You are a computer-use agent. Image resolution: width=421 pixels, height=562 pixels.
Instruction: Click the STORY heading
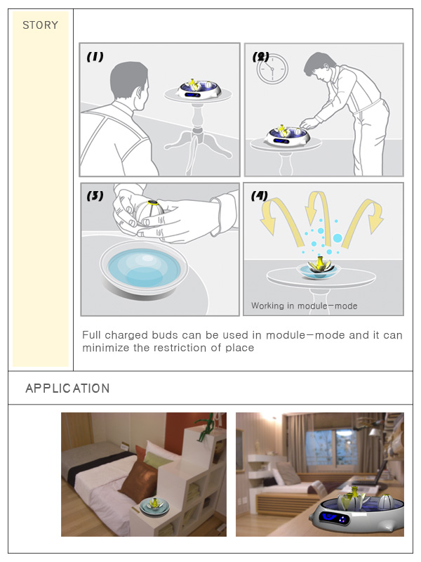click(40, 25)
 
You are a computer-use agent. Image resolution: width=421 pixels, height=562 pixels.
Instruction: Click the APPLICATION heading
click(67, 388)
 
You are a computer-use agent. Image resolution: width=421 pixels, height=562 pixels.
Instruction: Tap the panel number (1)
click(95, 57)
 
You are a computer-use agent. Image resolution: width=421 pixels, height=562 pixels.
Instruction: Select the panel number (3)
click(95, 196)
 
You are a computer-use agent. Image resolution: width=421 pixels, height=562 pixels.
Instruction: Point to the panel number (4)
click(259, 196)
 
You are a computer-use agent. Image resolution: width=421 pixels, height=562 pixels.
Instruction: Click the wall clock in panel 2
click(272, 69)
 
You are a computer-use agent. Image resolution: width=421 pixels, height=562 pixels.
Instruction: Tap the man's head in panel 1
click(130, 84)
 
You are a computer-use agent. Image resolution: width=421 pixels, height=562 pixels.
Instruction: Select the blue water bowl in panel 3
click(144, 267)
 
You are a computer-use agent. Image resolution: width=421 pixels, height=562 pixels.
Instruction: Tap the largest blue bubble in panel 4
click(338, 237)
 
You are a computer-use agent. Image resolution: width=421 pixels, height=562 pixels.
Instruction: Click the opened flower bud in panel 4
click(320, 266)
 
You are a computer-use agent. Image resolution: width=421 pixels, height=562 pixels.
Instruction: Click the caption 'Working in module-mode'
click(305, 306)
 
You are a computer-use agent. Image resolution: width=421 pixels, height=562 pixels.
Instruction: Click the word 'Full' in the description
click(92, 335)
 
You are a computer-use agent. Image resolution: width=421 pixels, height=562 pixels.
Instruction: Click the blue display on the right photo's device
click(330, 518)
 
